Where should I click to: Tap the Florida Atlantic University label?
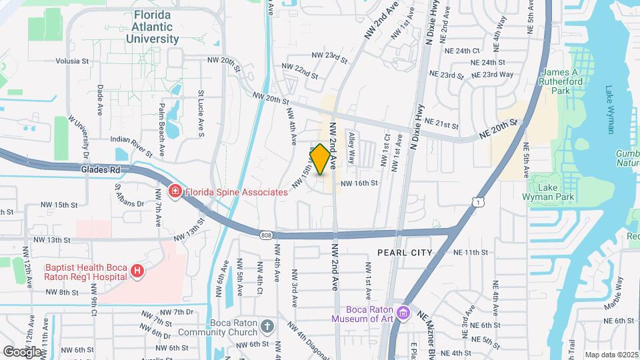click(152, 27)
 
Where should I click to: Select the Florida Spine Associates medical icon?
click(175, 192)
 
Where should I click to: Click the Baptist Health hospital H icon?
click(137, 271)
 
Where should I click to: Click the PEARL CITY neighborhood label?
click(405, 253)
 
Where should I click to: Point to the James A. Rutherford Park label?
click(565, 81)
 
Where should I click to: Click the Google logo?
click(21, 351)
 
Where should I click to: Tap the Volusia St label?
click(72, 61)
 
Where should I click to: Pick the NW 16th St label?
click(359, 183)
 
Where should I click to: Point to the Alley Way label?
click(351, 148)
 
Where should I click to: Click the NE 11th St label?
click(471, 253)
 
